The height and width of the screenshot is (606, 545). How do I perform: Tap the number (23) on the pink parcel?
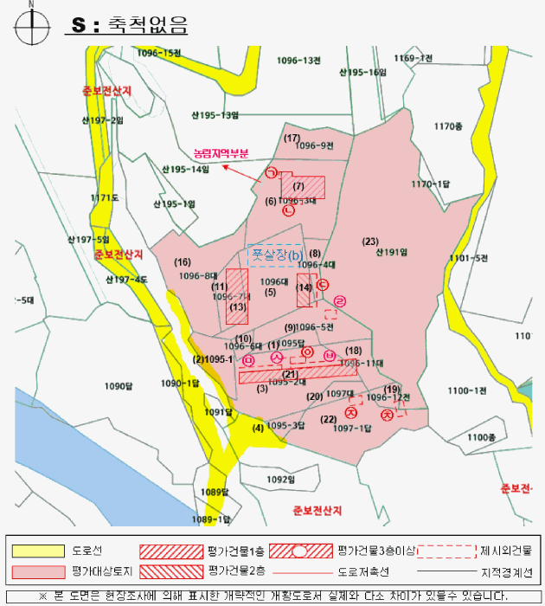click(x=371, y=241)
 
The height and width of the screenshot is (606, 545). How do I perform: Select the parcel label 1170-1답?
click(x=431, y=184)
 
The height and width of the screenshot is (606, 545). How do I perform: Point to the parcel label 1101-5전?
click(x=470, y=258)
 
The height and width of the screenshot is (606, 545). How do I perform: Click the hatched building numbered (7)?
click(x=303, y=186)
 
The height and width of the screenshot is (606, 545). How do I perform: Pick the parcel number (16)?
click(x=183, y=261)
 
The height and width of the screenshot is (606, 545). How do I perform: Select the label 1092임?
click(x=281, y=478)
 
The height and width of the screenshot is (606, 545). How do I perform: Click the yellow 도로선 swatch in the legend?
click(x=38, y=550)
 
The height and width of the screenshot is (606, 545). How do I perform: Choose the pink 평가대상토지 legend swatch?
click(x=38, y=572)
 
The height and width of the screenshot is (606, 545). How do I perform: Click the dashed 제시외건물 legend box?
click(x=446, y=550)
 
